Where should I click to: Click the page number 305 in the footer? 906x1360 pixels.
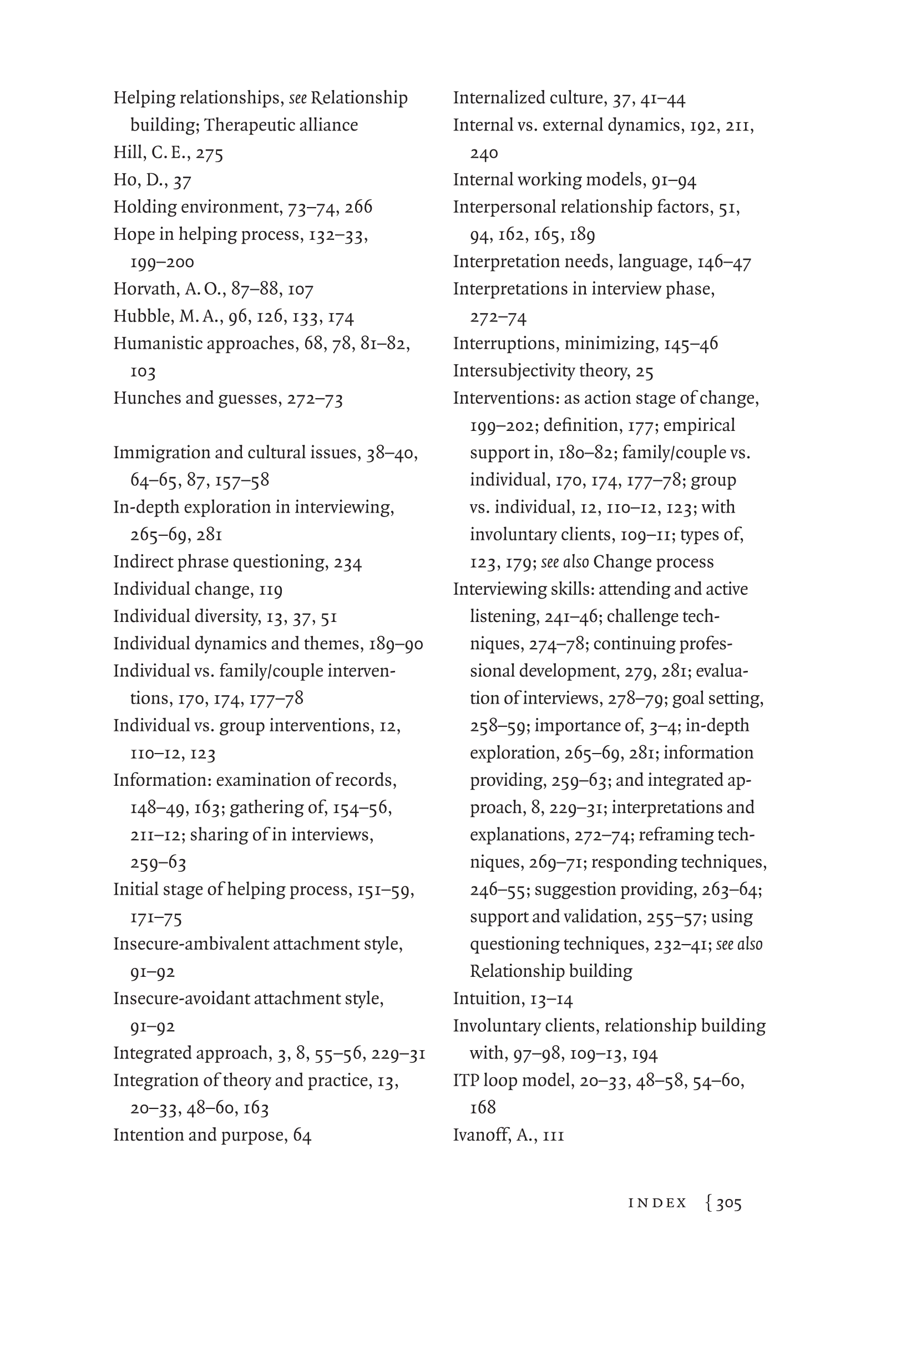coord(728,1203)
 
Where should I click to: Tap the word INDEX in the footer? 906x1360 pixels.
coord(657,1203)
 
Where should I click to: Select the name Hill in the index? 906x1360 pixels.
coord(128,152)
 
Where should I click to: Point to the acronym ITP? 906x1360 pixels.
coord(465,1080)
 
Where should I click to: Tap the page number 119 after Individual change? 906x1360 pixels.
coord(270,590)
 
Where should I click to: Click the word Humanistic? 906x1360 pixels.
coord(157,343)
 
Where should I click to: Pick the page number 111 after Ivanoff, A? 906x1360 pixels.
coord(553,1136)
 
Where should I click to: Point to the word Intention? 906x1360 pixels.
coord(148,1135)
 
